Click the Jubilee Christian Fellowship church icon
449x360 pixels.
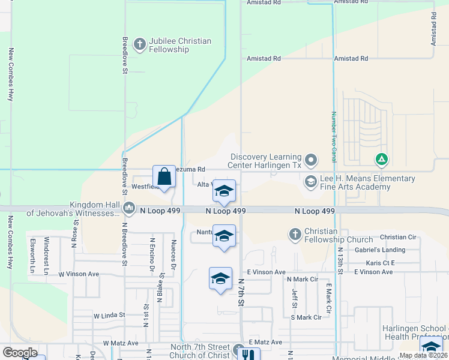coord(140,44)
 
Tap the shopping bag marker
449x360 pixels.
coord(164,177)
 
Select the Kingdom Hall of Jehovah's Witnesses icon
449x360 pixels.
coord(128,208)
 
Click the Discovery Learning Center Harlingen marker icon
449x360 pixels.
coord(311,160)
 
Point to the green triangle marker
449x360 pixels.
coord(381,160)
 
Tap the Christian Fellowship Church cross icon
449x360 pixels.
coord(295,234)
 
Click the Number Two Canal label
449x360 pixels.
coord(333,137)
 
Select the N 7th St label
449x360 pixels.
coord(241,292)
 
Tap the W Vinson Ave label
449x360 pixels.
coord(78,274)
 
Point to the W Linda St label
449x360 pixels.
coord(109,314)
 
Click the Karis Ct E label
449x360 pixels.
coord(380,263)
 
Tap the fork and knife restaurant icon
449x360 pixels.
coord(250,355)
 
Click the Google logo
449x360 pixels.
coord(20,353)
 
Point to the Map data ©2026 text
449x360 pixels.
coord(423,355)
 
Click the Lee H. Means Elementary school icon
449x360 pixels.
coord(311,181)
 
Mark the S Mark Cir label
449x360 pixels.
coord(310,317)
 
